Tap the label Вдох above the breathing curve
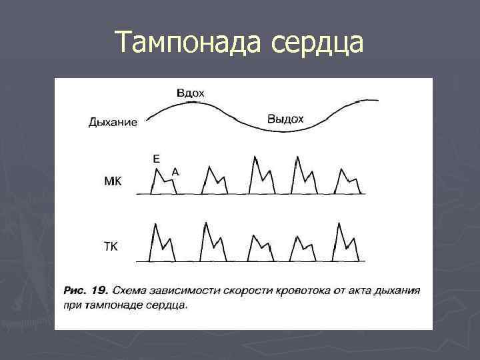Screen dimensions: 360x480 [x=191, y=93]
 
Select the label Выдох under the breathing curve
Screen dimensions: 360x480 [x=285, y=119]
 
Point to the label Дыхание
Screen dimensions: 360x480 [x=113, y=122]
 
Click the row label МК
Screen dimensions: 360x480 [x=113, y=181]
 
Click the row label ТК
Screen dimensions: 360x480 [x=111, y=247]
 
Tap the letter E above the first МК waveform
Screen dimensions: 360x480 [x=156, y=159]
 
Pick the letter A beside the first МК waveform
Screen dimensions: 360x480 [x=175, y=171]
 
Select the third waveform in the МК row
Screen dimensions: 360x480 [x=259, y=177]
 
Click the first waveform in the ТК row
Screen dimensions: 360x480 [x=163, y=243]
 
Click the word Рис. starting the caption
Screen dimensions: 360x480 [x=75, y=291]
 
